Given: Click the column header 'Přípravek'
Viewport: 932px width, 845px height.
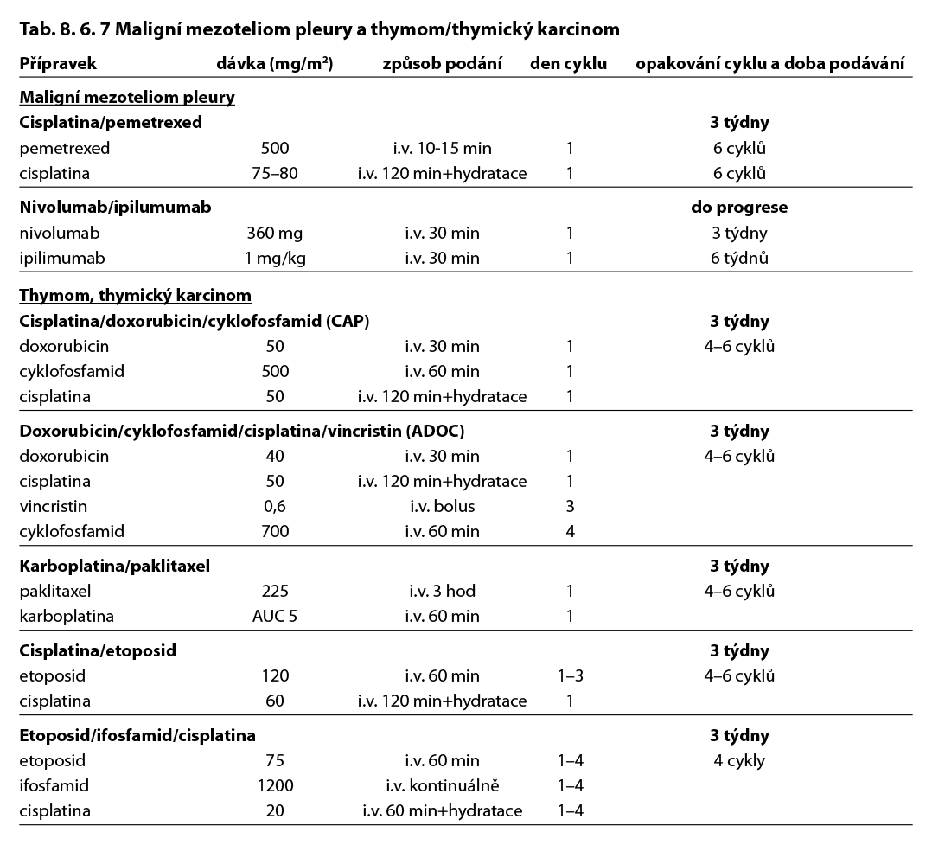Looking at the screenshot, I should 58,63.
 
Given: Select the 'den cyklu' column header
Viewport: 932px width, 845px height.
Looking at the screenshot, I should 568,63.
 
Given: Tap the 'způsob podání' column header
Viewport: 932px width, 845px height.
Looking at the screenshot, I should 442,63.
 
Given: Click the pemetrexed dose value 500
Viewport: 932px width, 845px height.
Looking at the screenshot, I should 275,148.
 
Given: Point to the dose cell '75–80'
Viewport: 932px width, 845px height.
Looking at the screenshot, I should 275,173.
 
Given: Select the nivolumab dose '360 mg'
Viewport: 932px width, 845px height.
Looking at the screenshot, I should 275,233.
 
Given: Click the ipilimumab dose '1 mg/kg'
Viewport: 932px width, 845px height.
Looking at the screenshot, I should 275,258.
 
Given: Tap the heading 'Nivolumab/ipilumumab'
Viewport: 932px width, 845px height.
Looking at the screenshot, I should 115,208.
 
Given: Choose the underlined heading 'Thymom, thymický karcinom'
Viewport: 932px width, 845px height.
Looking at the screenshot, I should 135,296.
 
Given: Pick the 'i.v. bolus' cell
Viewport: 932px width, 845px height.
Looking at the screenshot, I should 442,506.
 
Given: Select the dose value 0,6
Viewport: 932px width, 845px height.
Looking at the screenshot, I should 275,506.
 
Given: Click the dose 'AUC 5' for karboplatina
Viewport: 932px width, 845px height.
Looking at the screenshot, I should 275,617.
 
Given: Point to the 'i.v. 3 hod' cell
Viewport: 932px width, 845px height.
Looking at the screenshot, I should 442,592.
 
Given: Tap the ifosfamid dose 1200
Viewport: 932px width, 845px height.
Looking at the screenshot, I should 275,786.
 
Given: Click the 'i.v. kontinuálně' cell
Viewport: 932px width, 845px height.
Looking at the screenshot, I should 442,786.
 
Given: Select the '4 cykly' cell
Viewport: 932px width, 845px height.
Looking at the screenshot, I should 739,761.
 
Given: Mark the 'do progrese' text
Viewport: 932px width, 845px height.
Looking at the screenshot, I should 739,208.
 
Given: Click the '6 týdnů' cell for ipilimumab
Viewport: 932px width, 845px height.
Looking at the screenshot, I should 739,258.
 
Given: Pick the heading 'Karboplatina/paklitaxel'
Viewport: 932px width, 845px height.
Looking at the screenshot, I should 115,567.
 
